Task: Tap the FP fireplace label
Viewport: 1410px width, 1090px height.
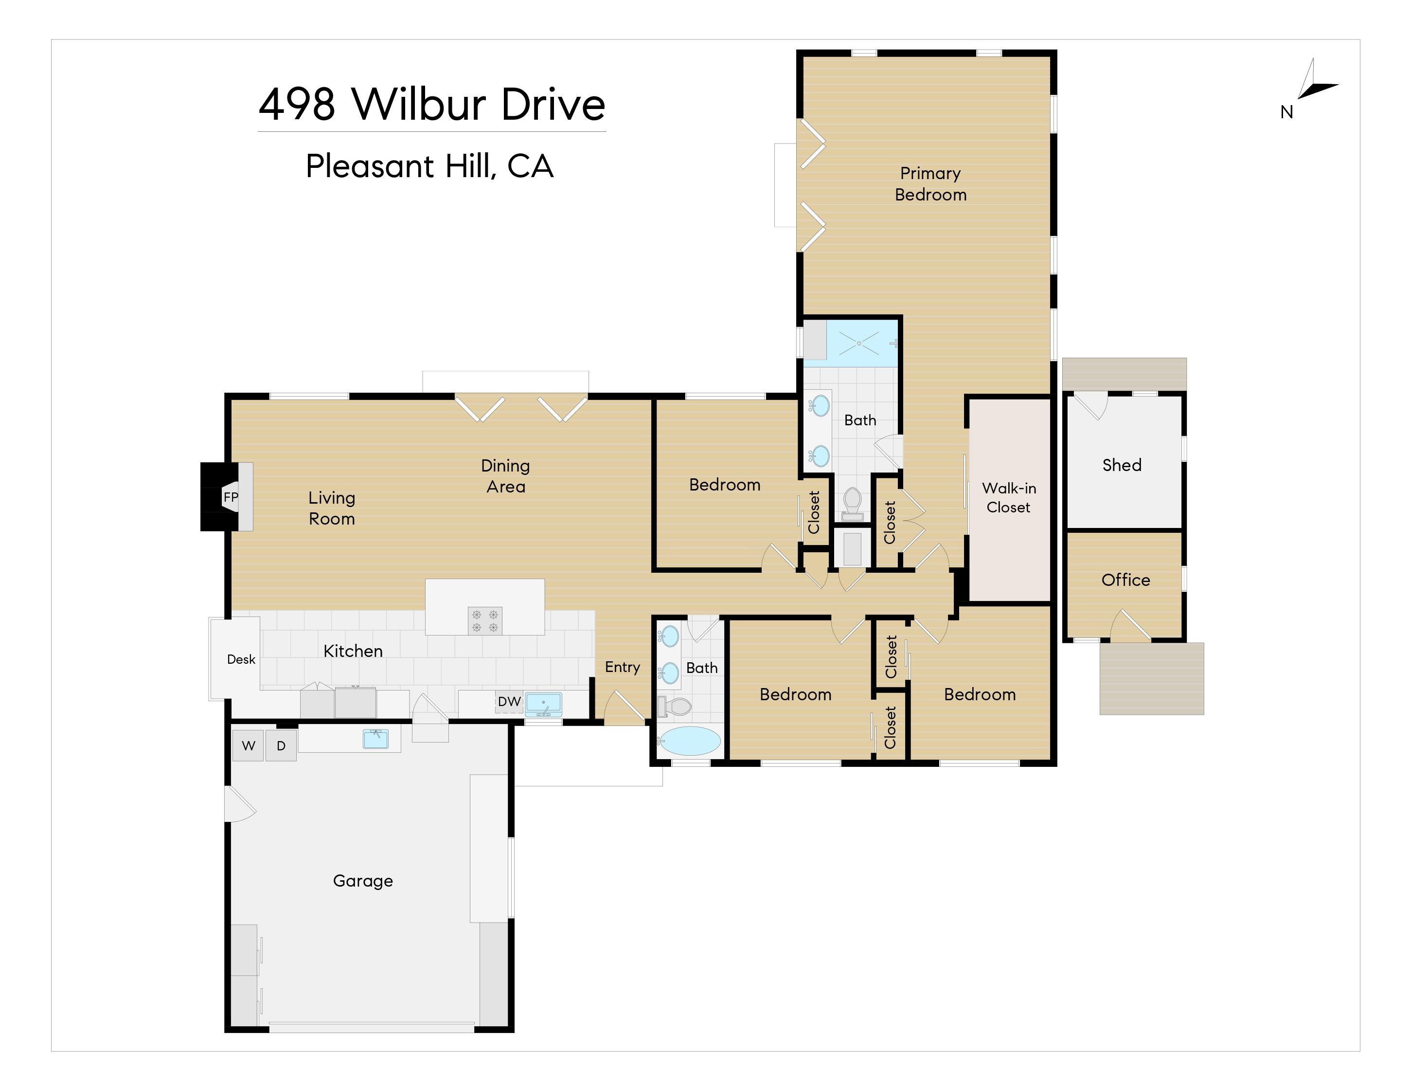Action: (x=231, y=497)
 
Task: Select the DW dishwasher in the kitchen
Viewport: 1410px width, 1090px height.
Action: (x=509, y=702)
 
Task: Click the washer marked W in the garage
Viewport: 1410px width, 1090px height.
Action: (x=248, y=746)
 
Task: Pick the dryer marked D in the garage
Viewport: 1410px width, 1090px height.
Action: (x=281, y=746)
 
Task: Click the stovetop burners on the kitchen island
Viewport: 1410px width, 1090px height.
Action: (x=485, y=620)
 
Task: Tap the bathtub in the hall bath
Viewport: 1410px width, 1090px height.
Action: (x=689, y=741)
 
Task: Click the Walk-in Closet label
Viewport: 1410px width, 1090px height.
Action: (x=1008, y=498)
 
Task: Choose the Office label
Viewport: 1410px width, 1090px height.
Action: (x=1125, y=580)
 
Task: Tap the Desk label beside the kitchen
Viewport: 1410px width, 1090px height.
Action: (x=241, y=659)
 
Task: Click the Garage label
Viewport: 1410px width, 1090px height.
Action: (x=363, y=881)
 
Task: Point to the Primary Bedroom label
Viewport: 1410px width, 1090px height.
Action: (x=930, y=184)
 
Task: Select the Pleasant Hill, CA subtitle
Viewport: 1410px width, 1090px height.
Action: (x=429, y=166)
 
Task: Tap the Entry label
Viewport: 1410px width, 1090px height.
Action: (x=623, y=668)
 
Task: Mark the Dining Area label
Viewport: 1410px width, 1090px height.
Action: (x=505, y=476)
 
